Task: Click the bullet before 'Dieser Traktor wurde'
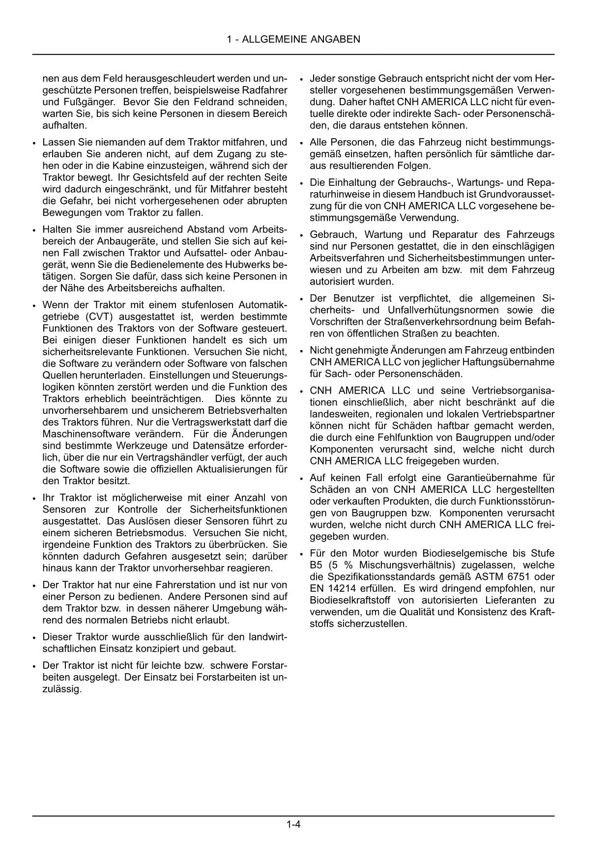pos(33,638)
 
